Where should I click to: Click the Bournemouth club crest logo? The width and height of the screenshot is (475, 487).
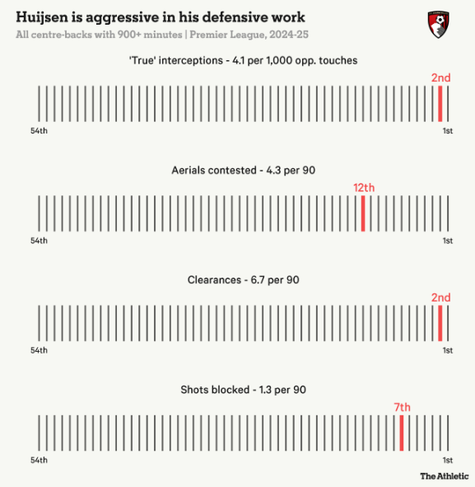(x=439, y=25)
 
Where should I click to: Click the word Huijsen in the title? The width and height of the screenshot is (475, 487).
(x=42, y=17)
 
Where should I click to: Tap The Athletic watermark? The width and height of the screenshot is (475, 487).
(x=445, y=475)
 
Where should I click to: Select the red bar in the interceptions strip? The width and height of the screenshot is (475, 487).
(x=440, y=104)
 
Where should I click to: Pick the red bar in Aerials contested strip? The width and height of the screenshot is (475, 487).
(x=363, y=213)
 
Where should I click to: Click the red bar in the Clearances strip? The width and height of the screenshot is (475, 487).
(x=440, y=323)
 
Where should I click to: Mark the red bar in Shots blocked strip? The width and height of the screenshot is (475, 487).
(x=402, y=433)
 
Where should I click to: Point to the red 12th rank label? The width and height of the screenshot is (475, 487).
(x=364, y=188)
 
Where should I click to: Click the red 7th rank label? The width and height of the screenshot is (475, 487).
(x=402, y=407)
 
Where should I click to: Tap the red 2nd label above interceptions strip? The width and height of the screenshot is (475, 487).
(x=441, y=77)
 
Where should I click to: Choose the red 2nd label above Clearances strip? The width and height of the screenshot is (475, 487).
(x=441, y=297)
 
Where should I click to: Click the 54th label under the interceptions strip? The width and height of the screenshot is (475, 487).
(x=39, y=131)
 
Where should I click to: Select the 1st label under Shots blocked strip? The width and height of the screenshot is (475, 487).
(x=447, y=460)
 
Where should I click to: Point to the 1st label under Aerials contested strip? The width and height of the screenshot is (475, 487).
(x=447, y=241)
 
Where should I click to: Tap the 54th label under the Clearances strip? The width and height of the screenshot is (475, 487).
(x=39, y=350)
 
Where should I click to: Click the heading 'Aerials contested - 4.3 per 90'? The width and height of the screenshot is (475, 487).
(x=243, y=171)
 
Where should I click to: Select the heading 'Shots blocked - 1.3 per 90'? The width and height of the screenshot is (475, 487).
(x=243, y=390)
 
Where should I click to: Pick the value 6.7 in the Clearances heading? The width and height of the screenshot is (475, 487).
(x=258, y=280)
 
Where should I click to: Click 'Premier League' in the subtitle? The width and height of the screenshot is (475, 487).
(x=226, y=35)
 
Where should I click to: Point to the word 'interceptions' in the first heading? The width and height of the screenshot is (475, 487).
(x=190, y=60)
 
